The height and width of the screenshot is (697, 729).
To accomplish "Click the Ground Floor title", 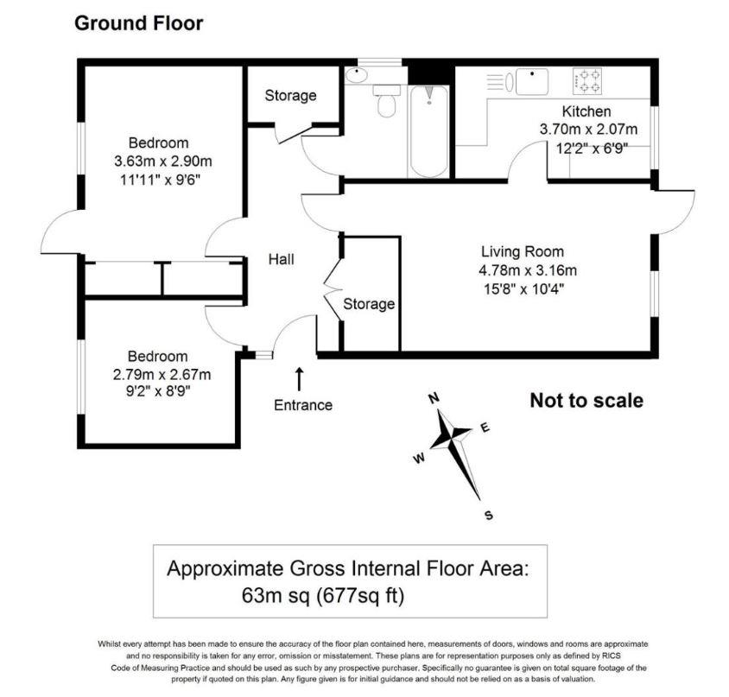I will click(138, 23).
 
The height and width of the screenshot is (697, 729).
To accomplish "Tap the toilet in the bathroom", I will click(386, 102).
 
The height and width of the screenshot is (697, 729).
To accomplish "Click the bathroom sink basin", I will click(356, 76).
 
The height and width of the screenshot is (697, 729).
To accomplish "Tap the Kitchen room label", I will click(586, 111).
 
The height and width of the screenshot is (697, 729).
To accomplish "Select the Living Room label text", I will click(523, 252).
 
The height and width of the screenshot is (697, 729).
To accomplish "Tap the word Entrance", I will click(302, 404).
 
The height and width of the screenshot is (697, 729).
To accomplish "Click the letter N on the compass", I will click(435, 397).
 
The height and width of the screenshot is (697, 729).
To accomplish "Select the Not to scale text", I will click(586, 400).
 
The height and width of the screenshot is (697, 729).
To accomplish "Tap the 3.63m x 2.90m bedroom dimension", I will click(163, 162).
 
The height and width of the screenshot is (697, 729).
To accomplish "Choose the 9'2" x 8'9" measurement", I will click(158, 390).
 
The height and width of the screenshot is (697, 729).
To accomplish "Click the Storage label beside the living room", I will click(369, 304).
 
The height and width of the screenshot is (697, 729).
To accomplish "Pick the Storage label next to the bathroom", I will click(290, 96).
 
